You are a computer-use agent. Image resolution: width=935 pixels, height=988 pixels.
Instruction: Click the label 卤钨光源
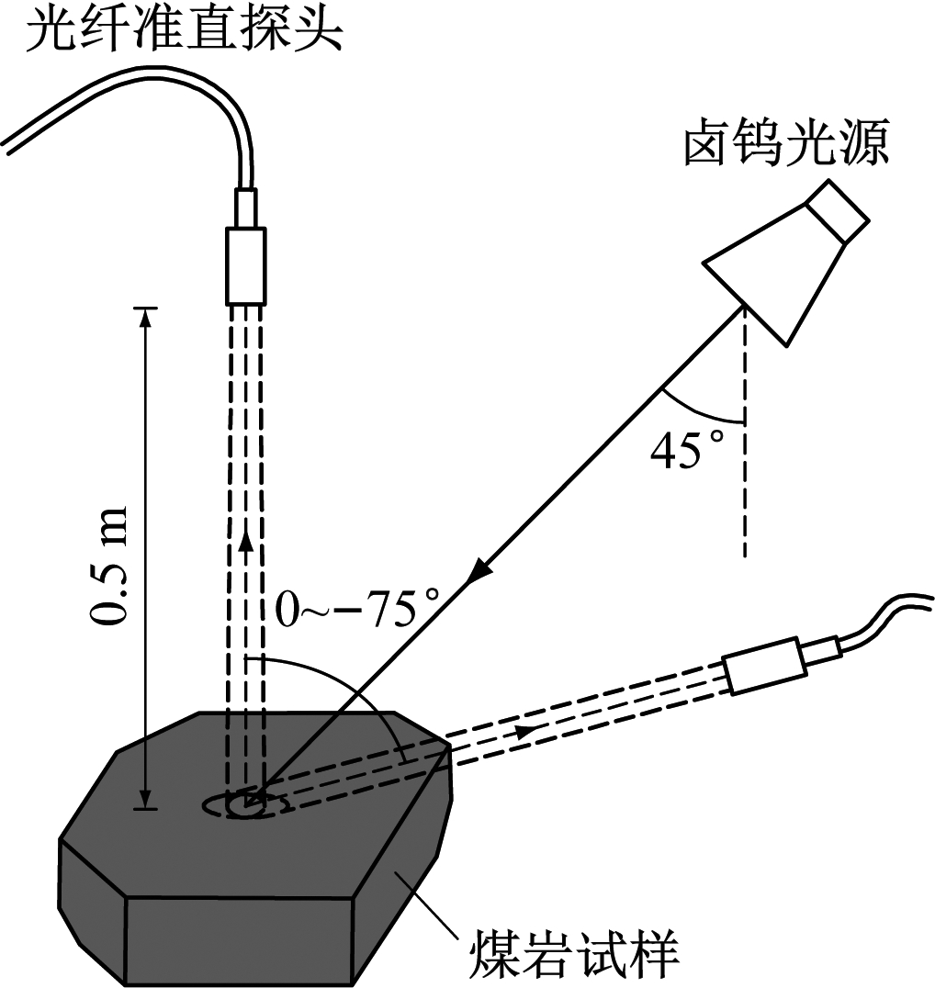click(x=785, y=145)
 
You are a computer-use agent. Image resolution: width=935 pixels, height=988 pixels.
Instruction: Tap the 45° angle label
click(x=688, y=450)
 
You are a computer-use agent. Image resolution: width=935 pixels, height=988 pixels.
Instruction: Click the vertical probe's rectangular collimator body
click(x=245, y=265)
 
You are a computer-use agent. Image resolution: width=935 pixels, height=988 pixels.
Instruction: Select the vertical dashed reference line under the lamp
click(x=745, y=459)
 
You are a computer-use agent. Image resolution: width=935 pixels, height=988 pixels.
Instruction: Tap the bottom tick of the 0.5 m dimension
click(x=144, y=808)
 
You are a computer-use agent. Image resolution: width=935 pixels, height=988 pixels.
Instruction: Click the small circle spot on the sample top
click(x=243, y=805)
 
